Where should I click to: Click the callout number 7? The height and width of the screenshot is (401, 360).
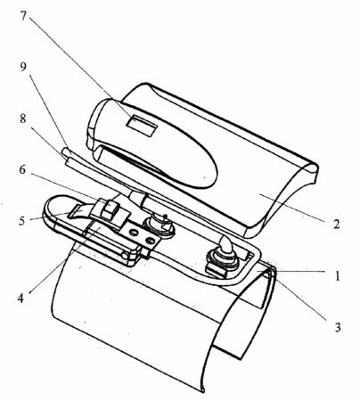23,15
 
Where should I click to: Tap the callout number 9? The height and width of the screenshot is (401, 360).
23,67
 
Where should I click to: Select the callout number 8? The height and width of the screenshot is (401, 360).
23,119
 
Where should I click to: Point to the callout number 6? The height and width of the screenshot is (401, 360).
22,170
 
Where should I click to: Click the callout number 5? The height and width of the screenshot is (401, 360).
22,221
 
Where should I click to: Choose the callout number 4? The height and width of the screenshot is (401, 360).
20,298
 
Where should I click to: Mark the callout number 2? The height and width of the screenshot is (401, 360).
336,224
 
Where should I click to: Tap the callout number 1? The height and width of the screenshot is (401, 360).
338,276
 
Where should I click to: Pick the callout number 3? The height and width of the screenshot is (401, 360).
338,327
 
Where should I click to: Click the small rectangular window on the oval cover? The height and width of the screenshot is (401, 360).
142,126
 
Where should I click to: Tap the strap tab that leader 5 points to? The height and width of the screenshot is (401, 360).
78,212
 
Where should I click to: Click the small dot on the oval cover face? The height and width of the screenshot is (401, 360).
205,177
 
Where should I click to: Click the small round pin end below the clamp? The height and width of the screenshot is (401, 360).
124,255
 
